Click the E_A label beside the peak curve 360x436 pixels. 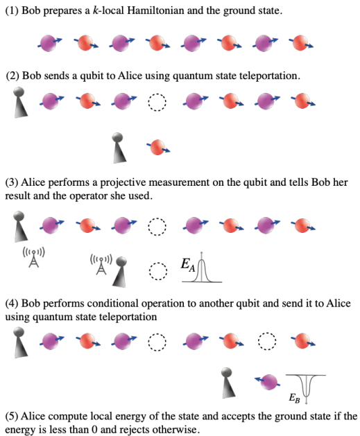click(188, 264)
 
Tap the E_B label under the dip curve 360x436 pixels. click(294, 398)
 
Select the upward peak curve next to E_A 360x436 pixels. click(202, 268)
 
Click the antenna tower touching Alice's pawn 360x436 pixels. click(101, 264)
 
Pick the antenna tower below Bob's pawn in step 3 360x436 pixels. click(34, 257)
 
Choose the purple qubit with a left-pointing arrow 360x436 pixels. click(268, 382)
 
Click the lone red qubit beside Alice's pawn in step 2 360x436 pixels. click(158, 147)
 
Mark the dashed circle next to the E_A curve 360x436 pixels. click(158, 271)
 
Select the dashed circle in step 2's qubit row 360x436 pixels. click(157, 102)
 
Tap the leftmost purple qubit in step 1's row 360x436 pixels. click(49, 43)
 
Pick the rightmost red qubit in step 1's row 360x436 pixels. click(301, 42)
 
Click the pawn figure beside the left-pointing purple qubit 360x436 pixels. click(228, 383)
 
